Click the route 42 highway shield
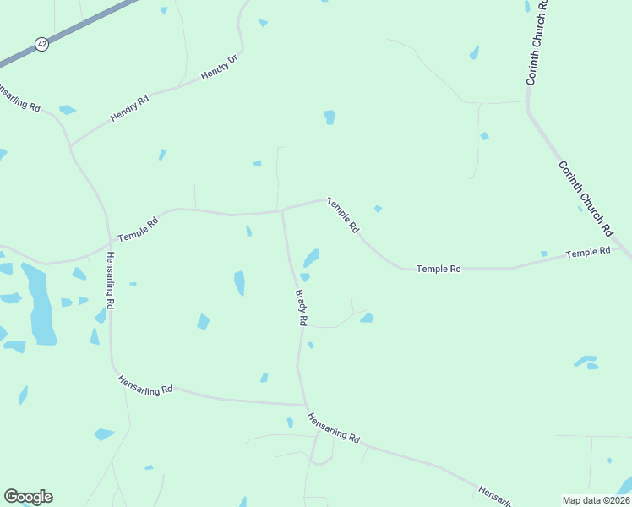click(41, 43)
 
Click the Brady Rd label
click(301, 308)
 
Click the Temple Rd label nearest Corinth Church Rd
click(588, 253)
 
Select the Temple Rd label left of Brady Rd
click(138, 230)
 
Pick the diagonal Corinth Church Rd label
click(586, 199)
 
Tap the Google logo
click(28, 497)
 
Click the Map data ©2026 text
click(596, 499)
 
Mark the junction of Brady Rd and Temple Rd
click(281, 210)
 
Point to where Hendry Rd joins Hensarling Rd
click(71, 145)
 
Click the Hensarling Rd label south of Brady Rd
click(334, 428)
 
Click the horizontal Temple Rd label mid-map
click(439, 269)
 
